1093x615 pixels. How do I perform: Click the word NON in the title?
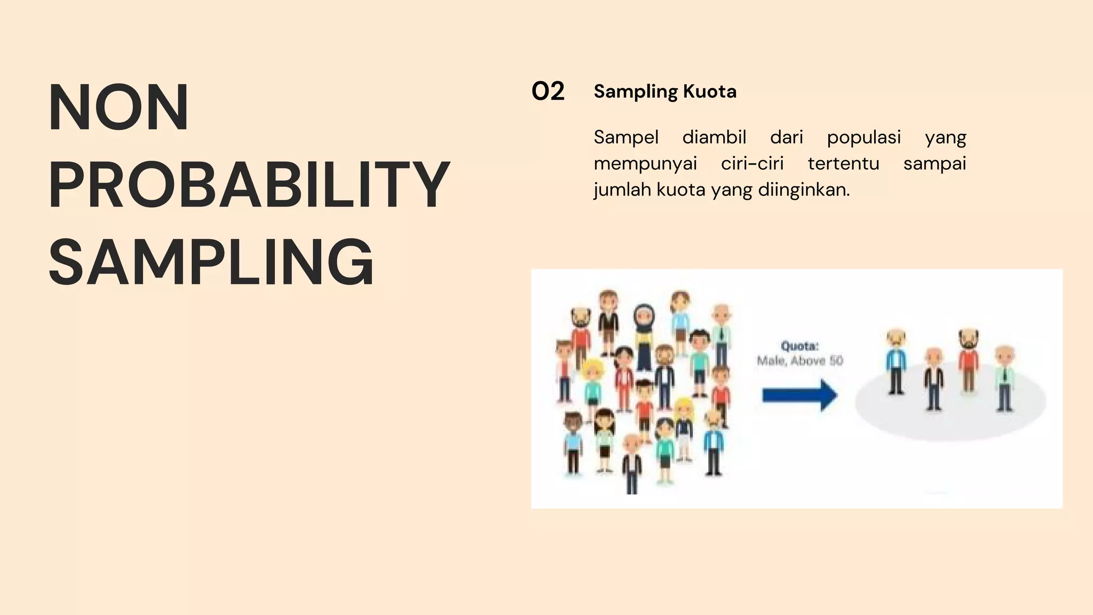point(118,107)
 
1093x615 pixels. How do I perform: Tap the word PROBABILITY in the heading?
point(249,185)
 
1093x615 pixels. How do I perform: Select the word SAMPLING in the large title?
point(211,263)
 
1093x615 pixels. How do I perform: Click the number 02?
point(548,92)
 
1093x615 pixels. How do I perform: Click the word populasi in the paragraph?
point(864,137)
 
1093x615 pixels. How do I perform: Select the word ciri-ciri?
point(752,163)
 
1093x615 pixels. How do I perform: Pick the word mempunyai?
point(645,163)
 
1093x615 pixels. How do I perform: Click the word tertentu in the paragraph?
point(843,163)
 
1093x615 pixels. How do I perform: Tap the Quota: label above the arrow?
point(799,346)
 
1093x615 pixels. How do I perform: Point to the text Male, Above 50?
point(799,361)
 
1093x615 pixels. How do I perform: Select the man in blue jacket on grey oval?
point(896,362)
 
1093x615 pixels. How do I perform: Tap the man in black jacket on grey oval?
point(933,379)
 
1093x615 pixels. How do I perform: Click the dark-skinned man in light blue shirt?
point(573,443)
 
